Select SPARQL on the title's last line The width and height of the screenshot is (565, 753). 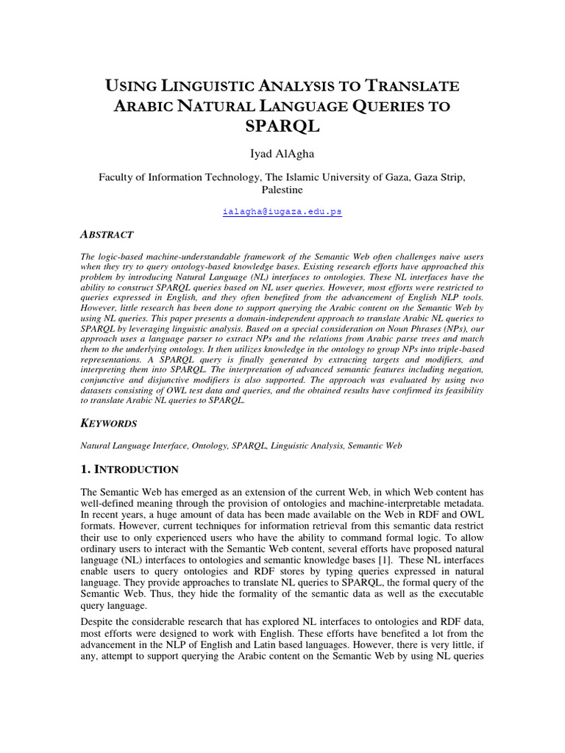click(282, 126)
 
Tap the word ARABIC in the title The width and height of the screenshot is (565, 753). click(146, 106)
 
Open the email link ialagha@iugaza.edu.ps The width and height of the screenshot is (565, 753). click(282, 211)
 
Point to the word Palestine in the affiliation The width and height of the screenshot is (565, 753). click(282, 190)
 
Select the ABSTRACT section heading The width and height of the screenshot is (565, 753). click(106, 235)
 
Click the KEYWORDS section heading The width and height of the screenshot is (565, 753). click(108, 424)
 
